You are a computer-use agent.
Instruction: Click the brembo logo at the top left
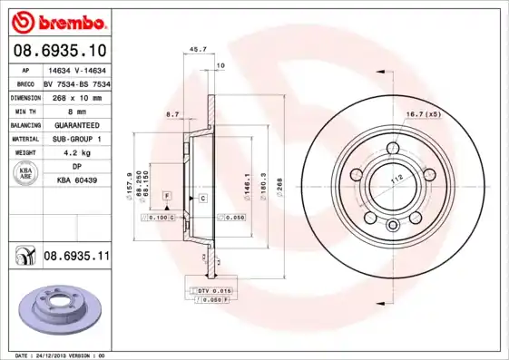[x=57, y=21]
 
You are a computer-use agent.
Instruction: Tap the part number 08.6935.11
[x=76, y=258]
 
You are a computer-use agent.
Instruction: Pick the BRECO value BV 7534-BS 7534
[x=76, y=83]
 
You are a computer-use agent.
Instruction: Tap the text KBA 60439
[x=76, y=181]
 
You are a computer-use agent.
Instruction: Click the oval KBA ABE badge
[x=25, y=174]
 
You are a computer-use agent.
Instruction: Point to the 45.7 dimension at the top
[x=192, y=50]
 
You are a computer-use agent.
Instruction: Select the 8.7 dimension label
[x=172, y=114]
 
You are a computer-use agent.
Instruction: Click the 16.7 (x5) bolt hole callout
[x=422, y=113]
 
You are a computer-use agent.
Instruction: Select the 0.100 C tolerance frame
[x=158, y=219]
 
